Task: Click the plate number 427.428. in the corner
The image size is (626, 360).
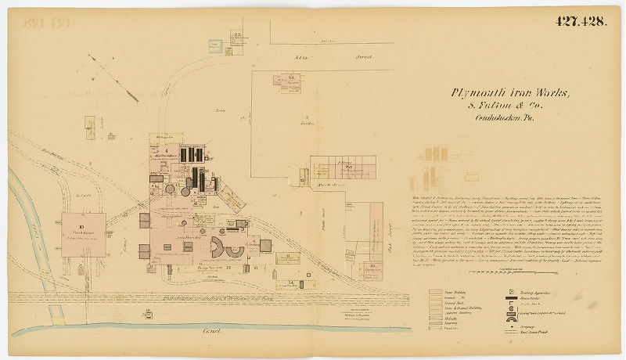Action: (581, 21)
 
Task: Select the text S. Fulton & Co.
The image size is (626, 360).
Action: (509, 106)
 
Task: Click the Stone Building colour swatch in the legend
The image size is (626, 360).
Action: (436, 292)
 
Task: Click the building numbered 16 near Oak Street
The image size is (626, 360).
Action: (372, 267)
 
